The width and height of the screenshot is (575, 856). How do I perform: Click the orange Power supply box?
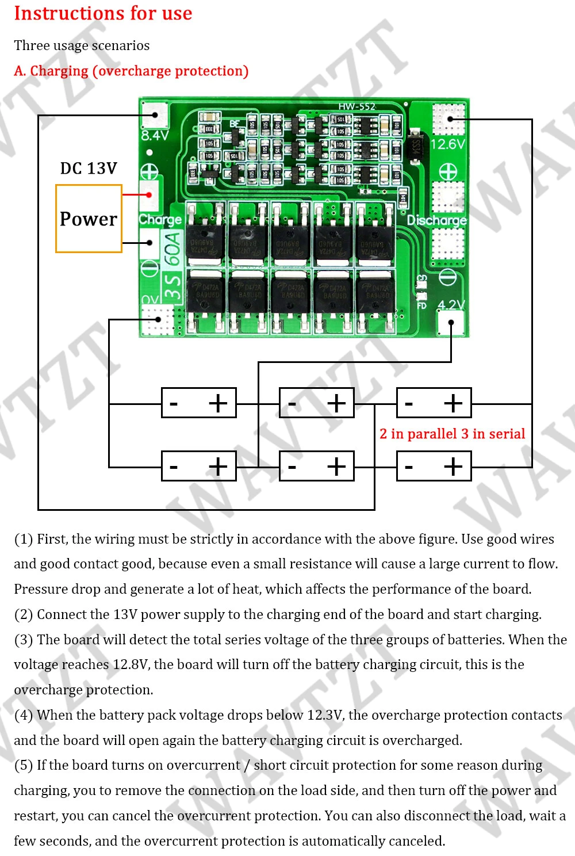click(89, 219)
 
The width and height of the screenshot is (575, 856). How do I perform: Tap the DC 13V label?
click(89, 169)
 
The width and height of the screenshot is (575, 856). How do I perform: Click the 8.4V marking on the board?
click(155, 136)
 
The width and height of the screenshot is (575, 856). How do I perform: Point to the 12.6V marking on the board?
click(448, 144)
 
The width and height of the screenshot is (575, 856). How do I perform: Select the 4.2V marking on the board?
click(451, 304)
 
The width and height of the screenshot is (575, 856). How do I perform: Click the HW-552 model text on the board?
click(356, 106)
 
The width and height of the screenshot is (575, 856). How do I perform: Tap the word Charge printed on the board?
click(160, 220)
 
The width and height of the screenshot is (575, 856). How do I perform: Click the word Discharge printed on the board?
click(437, 220)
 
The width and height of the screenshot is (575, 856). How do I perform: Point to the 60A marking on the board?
click(172, 248)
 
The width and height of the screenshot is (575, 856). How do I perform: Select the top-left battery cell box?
click(199, 403)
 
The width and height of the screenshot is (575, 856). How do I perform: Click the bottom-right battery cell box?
click(434, 466)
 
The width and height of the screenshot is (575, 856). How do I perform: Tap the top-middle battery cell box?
click(316, 403)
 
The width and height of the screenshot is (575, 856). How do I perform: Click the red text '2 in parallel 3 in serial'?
click(453, 434)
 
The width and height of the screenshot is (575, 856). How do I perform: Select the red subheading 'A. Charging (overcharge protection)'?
click(131, 71)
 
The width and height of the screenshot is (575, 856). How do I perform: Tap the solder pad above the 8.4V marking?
click(154, 114)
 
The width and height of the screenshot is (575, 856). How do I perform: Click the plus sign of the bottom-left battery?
click(218, 466)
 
